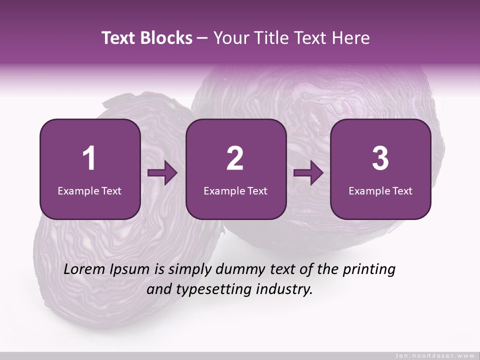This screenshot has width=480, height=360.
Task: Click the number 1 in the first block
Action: coord(89,158)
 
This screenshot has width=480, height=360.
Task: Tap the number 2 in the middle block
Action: coord(235,158)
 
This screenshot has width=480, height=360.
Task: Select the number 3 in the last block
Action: coord(380,158)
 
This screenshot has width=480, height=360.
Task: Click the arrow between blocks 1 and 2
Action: coord(162,173)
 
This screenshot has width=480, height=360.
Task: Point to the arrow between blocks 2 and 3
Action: coord(308,173)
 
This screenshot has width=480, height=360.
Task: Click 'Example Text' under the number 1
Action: coord(89,190)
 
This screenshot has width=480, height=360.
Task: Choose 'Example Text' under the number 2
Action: coord(235,190)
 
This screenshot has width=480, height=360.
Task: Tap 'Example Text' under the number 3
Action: coord(380,190)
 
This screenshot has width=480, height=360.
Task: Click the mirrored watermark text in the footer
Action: coord(435,355)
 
